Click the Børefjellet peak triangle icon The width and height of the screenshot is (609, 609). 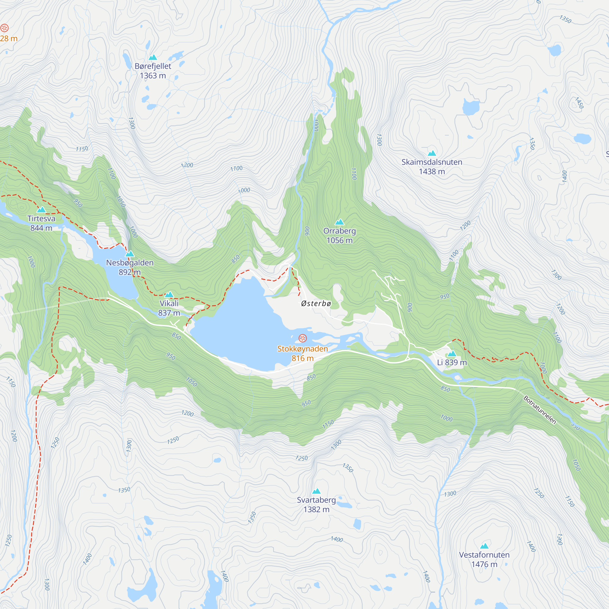pos(153,57)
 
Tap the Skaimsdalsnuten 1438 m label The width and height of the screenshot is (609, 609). pos(431,167)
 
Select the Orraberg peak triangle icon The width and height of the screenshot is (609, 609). pos(340,222)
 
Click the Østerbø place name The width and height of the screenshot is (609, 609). pos(316,304)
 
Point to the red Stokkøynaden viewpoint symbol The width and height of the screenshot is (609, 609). pos(303,339)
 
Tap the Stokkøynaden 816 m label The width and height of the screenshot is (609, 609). pos(303,353)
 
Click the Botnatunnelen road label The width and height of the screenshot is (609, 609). pos(540,410)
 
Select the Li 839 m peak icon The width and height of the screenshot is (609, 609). pos(452,354)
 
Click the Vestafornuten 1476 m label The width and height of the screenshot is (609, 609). pos(484,559)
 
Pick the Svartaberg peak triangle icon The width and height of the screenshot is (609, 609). pos(316,491)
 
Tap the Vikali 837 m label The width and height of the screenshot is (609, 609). pos(169,308)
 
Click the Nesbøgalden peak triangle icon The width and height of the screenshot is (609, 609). pos(129,254)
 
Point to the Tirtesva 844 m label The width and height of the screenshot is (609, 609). pos(41,223)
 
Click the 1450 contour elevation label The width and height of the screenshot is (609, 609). pos(579,103)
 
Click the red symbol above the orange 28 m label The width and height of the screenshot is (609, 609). pos(4,28)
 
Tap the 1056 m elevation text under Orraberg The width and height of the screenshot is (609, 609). pos(340,241)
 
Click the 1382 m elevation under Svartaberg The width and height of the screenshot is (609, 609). pos(316,509)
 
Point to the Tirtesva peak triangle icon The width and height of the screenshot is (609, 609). pos(41,210)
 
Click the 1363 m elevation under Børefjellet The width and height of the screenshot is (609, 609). pos(153,76)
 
